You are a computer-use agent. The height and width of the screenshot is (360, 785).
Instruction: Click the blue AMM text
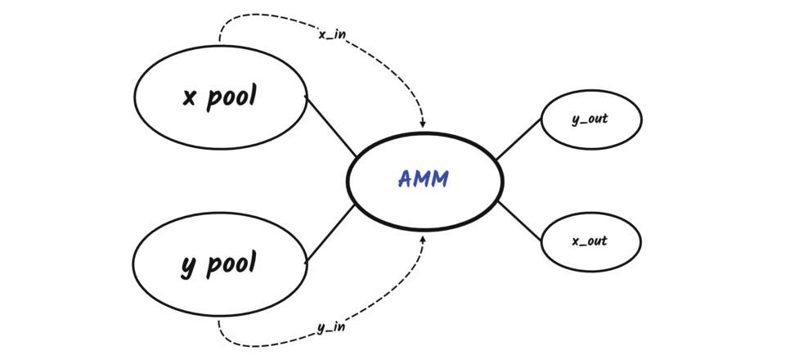point(423,179)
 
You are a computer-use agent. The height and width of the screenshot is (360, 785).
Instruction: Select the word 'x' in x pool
point(190,98)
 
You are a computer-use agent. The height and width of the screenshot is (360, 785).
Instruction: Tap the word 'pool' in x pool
point(231,97)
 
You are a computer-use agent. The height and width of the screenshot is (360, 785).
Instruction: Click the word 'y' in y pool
point(188,266)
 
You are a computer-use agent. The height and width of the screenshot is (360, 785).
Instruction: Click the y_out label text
point(590,119)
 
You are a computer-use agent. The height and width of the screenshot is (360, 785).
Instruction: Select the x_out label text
point(590,241)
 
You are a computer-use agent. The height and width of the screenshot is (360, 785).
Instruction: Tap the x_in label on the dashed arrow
point(331,34)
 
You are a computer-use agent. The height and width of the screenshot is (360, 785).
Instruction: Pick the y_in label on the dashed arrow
point(330,327)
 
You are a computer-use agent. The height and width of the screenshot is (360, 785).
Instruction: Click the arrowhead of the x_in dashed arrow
point(423,124)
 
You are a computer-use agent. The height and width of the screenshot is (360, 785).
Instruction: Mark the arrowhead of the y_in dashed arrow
point(423,238)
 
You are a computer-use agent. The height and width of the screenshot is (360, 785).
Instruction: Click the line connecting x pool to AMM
point(331,126)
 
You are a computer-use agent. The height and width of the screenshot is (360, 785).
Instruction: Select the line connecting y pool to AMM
point(330,233)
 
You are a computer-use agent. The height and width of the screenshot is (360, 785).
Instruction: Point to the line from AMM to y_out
point(518,139)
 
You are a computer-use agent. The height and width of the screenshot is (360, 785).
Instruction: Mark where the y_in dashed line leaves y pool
point(218,321)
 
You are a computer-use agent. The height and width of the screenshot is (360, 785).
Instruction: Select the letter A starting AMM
point(405,179)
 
